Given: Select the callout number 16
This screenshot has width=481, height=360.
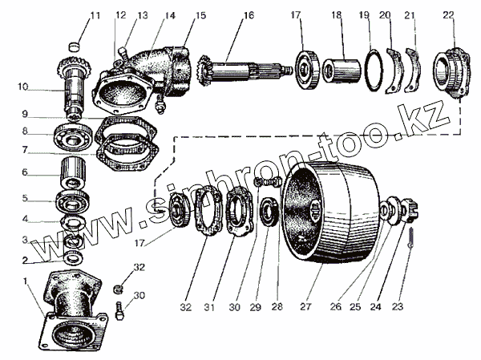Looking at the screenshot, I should (x=249, y=15).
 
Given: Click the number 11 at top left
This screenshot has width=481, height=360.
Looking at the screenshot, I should (x=74, y=15).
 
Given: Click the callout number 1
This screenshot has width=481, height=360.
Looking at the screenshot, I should (x=26, y=281).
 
